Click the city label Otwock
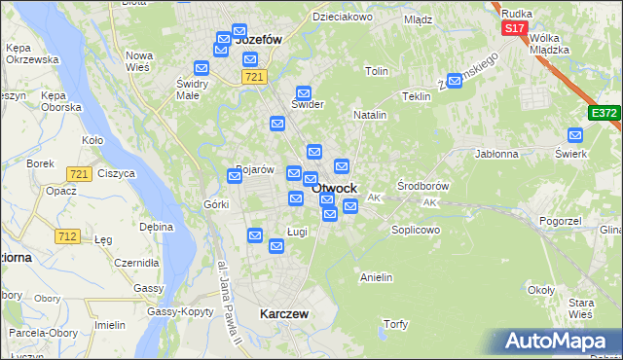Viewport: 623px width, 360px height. tap(334, 188)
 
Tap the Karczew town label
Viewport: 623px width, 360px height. tap(284, 314)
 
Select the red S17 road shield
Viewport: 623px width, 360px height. tap(515, 29)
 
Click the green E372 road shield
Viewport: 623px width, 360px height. tap(604, 114)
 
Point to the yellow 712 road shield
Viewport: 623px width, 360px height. tap(68, 236)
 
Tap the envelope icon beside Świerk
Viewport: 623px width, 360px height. tap(574, 135)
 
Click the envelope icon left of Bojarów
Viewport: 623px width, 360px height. tap(235, 176)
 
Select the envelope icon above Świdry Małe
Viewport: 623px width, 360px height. tap(202, 68)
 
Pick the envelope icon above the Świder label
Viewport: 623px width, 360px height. tap(304, 91)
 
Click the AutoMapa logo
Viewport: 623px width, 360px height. tap(559, 342)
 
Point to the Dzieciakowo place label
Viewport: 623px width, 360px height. tap(342, 17)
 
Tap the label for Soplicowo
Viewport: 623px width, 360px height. tap(416, 230)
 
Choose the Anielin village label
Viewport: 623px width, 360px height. tap(376, 277)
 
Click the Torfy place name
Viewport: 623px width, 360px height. tap(395, 324)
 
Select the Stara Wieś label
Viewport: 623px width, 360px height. tap(581, 308)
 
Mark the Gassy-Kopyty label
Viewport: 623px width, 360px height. tap(180, 311)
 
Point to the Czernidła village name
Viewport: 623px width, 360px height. tap(136, 263)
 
